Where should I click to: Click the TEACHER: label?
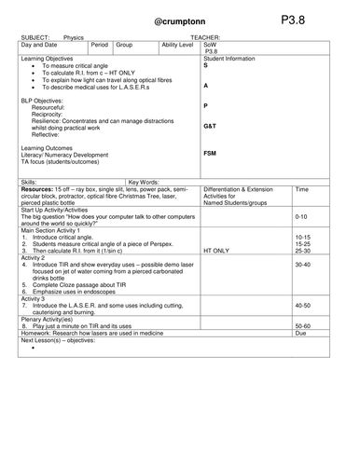205,37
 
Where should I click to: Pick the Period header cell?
101,44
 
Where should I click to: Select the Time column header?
301,189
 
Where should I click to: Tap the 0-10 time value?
300,215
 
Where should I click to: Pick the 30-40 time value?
301,265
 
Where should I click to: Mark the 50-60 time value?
301,326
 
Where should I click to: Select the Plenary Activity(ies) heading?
48,319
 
